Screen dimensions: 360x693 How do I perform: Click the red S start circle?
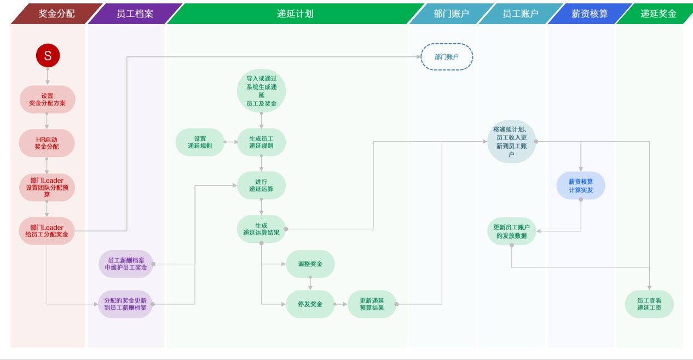[x=48, y=55]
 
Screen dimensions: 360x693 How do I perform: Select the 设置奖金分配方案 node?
[x=47, y=99]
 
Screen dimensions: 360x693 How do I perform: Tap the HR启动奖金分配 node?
[x=47, y=143]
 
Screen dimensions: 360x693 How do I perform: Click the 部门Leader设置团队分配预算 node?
[x=47, y=187]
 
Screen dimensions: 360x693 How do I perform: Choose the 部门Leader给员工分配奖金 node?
[x=47, y=231]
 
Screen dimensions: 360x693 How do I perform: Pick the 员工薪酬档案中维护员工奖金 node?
[x=126, y=264]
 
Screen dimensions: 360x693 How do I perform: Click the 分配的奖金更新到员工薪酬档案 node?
[x=126, y=304]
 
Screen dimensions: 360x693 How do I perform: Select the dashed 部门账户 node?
[x=447, y=56]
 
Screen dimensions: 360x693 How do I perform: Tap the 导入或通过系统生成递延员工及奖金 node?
[x=261, y=91]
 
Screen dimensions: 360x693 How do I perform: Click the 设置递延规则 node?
[x=200, y=142]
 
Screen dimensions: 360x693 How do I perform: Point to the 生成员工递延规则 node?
[x=261, y=142]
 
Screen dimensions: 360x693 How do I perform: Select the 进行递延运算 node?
[x=261, y=185]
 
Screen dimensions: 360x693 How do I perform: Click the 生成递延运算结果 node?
[x=261, y=229]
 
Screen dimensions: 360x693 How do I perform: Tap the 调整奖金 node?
[x=310, y=264]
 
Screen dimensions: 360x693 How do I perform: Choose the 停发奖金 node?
[x=310, y=304]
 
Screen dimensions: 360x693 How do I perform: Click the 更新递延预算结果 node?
[x=372, y=304]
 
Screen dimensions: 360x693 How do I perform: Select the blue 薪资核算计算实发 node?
[x=581, y=185]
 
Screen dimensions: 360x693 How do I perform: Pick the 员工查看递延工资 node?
[x=649, y=304]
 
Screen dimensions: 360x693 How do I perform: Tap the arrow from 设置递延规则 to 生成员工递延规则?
[x=231, y=142]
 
